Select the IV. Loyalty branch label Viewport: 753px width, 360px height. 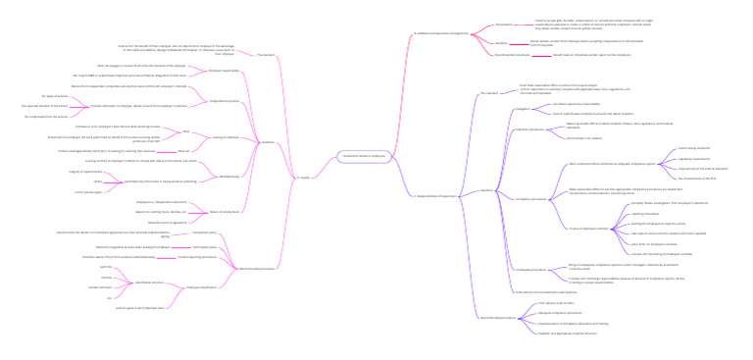point(303,178)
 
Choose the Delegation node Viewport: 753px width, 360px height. point(522,109)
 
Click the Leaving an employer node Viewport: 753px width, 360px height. point(225,137)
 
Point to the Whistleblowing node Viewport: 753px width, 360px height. point(228,176)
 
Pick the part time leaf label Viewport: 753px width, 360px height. point(106,266)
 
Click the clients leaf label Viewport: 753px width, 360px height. point(97,181)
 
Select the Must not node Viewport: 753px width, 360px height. point(183,151)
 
